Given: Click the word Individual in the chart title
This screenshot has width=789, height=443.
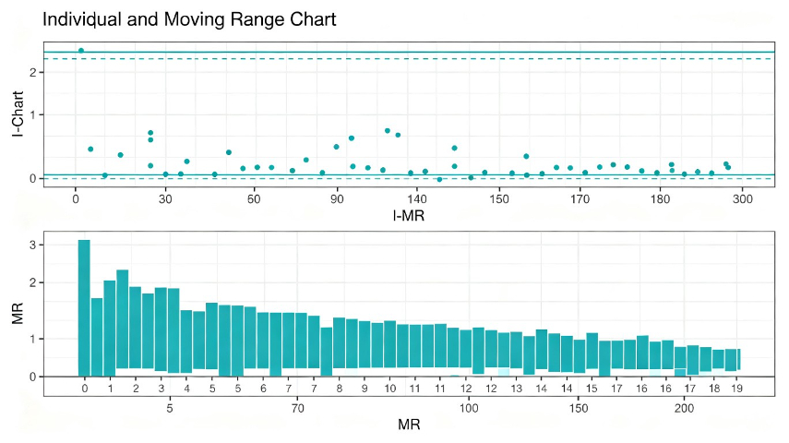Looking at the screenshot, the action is (82, 19).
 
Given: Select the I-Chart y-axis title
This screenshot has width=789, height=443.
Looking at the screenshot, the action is (18, 114).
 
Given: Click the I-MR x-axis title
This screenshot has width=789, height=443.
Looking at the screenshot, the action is (409, 216).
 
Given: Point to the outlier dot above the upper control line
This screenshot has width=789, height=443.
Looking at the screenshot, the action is (81, 51).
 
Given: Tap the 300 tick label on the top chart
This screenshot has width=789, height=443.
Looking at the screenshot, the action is (742, 199).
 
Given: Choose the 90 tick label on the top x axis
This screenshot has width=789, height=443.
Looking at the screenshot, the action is (337, 199).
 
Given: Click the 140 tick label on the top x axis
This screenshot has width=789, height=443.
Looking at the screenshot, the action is (417, 199).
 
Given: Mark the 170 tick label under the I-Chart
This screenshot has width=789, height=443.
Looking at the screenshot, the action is (580, 199).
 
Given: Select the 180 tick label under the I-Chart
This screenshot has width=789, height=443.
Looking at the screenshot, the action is (660, 199).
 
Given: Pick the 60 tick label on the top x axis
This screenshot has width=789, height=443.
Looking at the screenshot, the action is (254, 199).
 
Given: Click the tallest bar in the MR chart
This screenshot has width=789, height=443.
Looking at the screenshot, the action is (84, 308).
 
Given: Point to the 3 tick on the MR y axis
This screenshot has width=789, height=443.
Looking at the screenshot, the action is (33, 245).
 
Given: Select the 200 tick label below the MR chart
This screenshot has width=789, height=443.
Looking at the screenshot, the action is (684, 408).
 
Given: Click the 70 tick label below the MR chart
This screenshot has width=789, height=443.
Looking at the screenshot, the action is (297, 408).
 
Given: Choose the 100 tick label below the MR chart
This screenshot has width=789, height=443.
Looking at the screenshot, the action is (469, 408).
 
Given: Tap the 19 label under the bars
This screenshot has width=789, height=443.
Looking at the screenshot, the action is (736, 389).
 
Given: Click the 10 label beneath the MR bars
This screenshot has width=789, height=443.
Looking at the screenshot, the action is (390, 389).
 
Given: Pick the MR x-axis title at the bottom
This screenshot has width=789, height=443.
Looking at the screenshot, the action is (409, 425).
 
